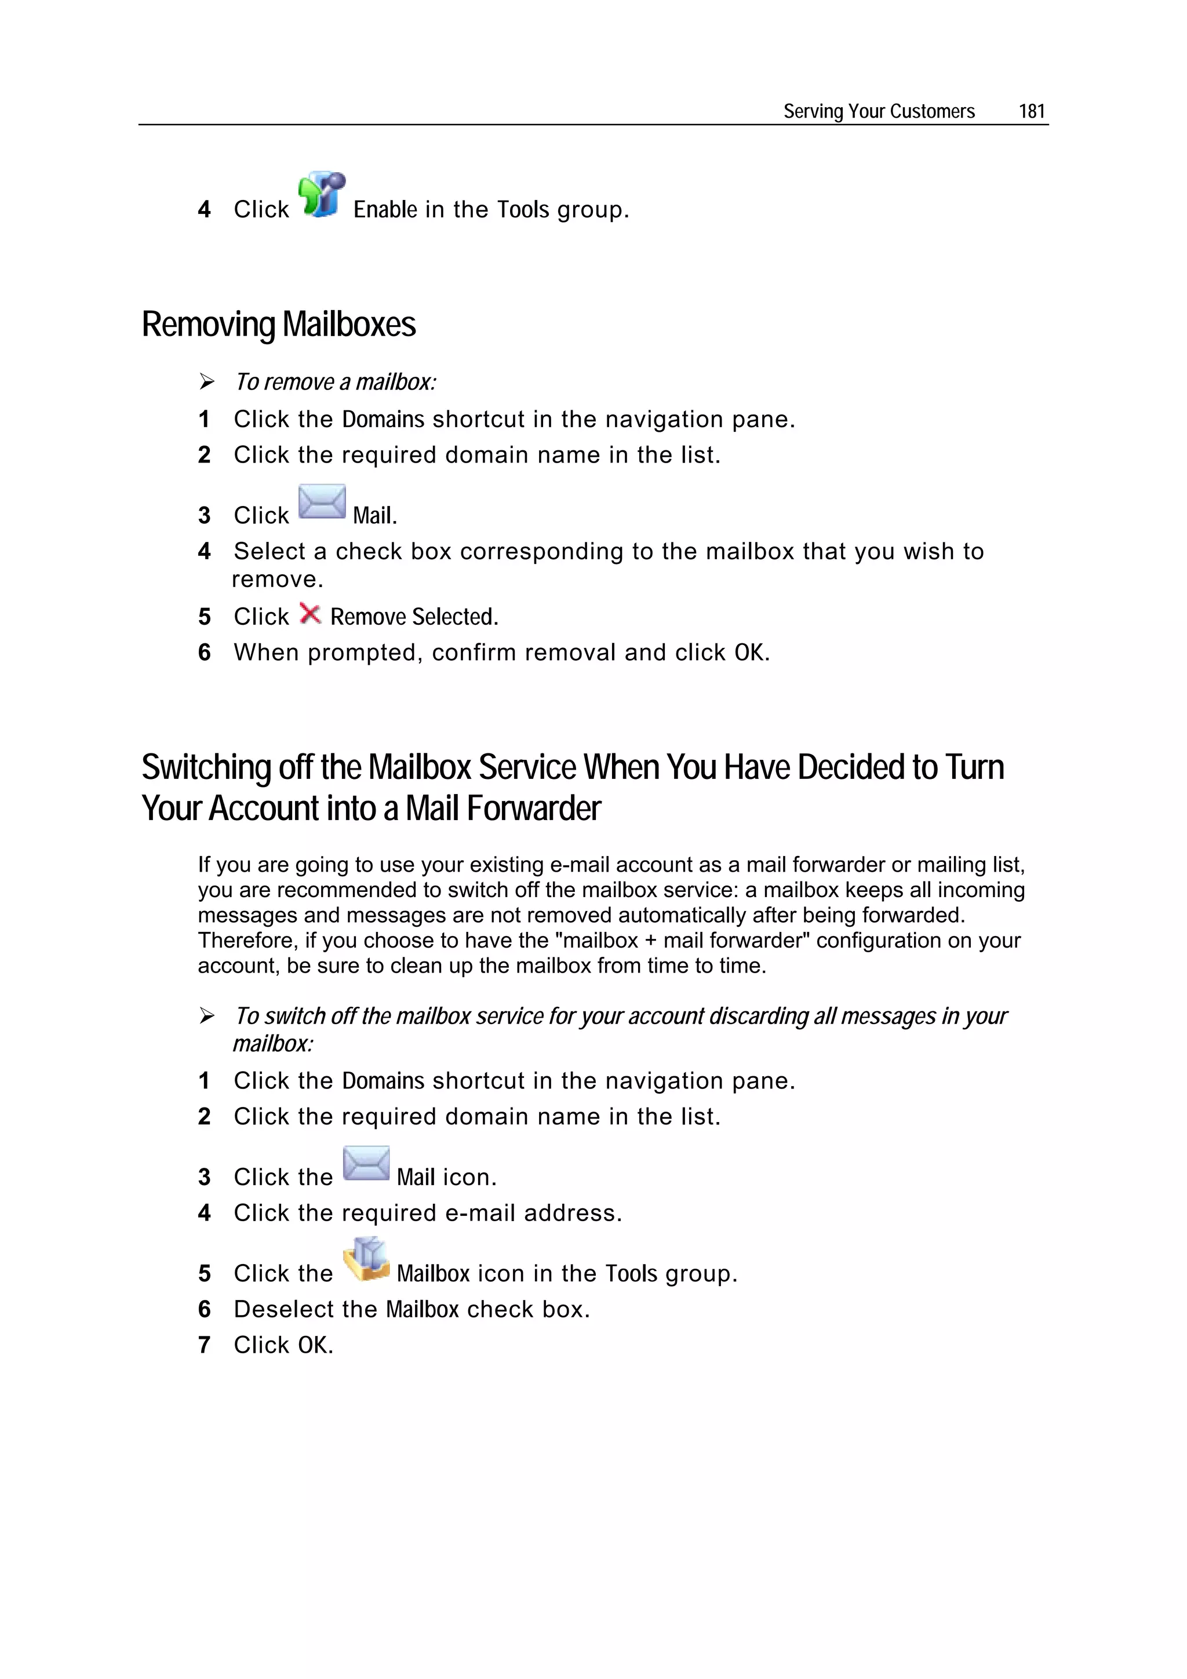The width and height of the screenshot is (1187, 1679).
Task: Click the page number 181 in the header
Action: click(x=1031, y=111)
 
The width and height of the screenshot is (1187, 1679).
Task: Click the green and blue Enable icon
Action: click(x=321, y=195)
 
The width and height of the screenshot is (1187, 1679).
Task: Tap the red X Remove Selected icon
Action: click(x=310, y=614)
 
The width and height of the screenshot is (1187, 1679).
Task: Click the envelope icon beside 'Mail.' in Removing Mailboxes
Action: click(x=322, y=502)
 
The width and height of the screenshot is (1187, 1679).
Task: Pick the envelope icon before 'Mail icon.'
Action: click(x=366, y=1163)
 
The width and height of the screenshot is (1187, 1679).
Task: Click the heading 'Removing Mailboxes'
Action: click(x=279, y=324)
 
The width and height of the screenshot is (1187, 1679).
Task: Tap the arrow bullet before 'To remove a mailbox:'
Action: click(x=207, y=382)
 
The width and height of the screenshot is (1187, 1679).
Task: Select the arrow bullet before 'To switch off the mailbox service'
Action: click(x=207, y=1016)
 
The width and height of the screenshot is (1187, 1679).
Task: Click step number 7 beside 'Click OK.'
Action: click(x=204, y=1345)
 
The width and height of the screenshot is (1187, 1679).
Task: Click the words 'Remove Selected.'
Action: click(x=414, y=617)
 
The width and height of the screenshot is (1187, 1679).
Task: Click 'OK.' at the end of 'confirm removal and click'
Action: click(x=752, y=652)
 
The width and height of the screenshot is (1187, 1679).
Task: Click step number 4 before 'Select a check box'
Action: click(x=204, y=551)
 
